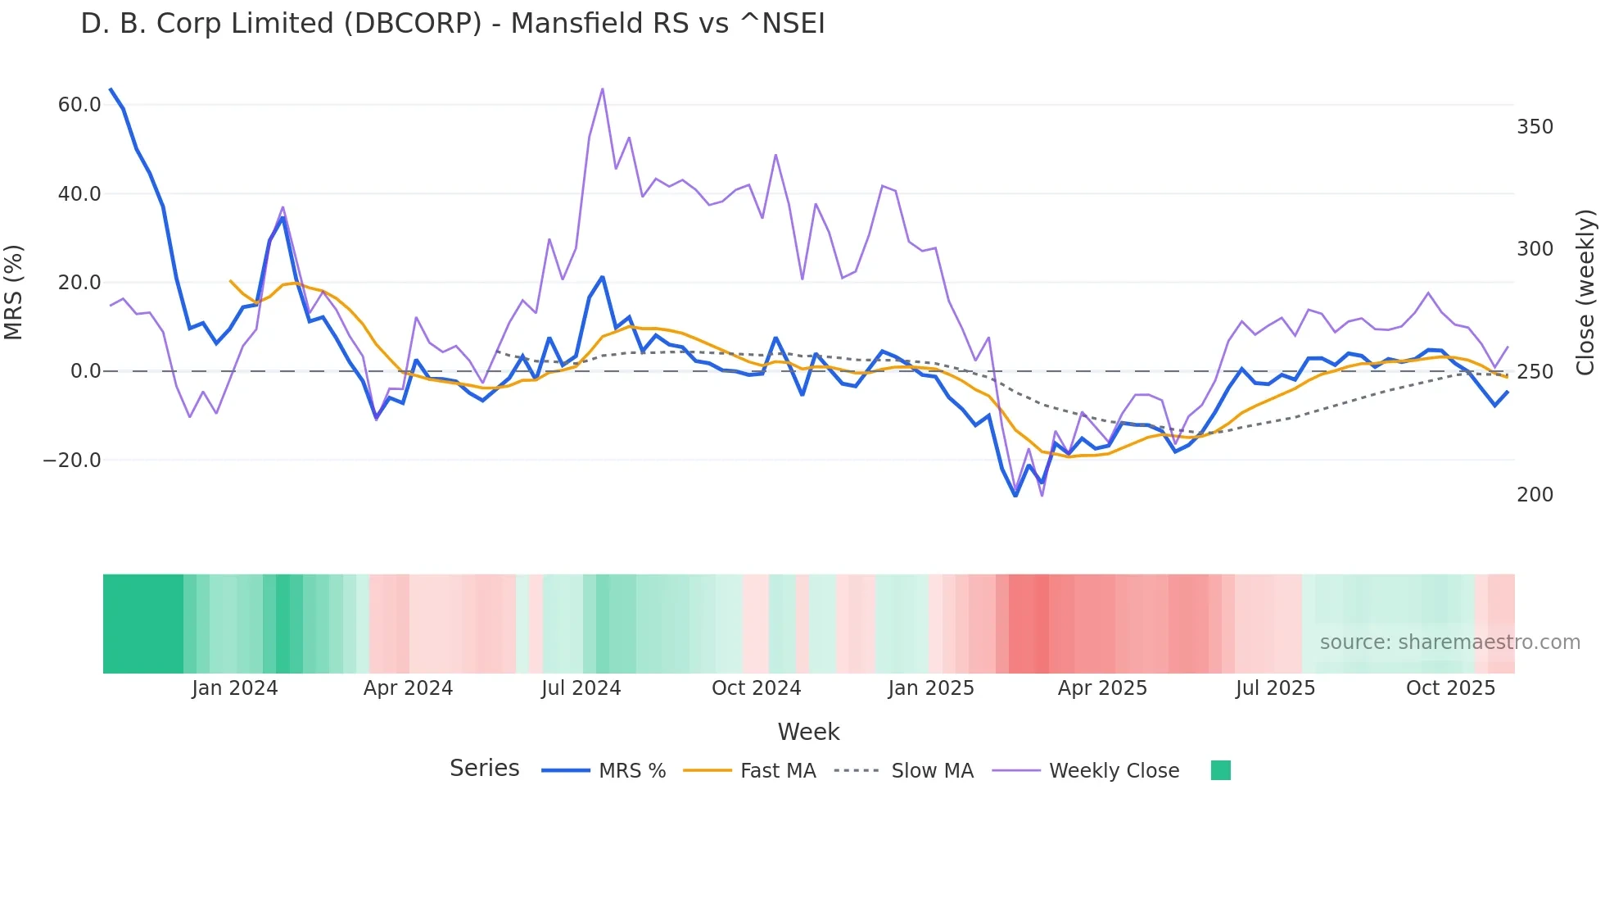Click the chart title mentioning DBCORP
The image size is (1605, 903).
point(453,24)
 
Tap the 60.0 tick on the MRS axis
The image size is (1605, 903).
point(79,105)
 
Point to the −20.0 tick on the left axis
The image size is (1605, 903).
point(72,461)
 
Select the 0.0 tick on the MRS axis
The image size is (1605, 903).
point(86,371)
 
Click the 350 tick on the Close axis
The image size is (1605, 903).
point(1535,127)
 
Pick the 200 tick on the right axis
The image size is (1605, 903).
point(1535,495)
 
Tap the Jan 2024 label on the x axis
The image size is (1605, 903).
point(235,688)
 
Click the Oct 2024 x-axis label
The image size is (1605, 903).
point(756,688)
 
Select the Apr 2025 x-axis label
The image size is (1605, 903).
point(1102,688)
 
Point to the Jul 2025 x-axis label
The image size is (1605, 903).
point(1275,688)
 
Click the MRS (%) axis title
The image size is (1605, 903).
point(14,292)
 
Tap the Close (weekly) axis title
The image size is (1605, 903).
point(1586,292)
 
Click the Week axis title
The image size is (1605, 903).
point(808,732)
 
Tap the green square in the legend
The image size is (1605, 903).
point(1220,770)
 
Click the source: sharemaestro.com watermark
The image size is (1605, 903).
point(1449,642)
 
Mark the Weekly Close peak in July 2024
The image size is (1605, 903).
point(603,88)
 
